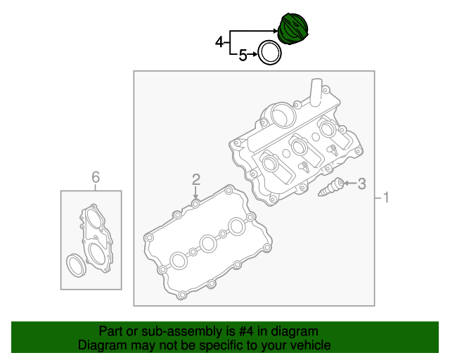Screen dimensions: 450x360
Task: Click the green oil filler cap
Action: (x=292, y=28)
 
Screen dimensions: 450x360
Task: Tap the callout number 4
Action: (x=219, y=42)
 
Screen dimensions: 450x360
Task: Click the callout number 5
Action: (x=243, y=55)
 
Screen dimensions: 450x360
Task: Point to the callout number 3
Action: (x=362, y=184)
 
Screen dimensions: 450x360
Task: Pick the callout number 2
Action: (x=196, y=179)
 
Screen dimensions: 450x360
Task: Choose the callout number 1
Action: (x=386, y=198)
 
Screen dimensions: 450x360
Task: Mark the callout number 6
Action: (x=96, y=177)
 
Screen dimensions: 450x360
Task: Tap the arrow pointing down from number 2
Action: (x=195, y=192)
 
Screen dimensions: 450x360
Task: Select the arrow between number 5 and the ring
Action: (x=252, y=54)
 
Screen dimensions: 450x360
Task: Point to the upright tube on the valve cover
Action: (x=316, y=92)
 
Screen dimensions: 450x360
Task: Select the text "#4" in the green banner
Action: (x=246, y=331)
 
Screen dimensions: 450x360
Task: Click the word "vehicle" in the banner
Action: (x=312, y=345)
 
